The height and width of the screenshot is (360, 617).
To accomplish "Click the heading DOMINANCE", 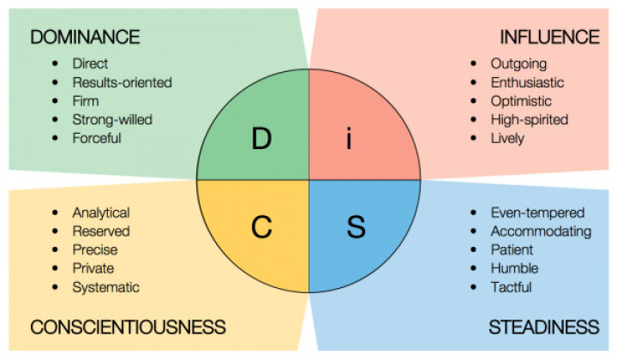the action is point(85,37).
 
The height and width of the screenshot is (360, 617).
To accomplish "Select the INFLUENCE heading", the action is point(549,37).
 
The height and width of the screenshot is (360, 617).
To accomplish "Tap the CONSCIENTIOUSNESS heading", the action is point(128,327).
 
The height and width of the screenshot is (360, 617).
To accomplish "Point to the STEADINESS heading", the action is point(544,327).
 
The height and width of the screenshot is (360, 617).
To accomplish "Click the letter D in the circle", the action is point(261,139).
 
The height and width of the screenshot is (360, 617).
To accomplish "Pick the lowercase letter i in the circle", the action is point(349,139).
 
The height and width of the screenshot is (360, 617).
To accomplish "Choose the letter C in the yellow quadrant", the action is point(261,227).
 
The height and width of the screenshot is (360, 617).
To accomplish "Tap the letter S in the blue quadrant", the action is point(356,227).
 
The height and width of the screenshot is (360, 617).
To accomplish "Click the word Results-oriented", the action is point(122,82).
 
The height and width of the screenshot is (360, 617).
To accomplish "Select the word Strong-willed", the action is point(112,120).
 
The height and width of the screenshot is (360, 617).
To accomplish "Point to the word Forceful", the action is point(96,138).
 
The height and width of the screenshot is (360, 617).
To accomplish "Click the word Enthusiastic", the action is point(527,82).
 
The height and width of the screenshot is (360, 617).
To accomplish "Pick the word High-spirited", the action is point(530,120).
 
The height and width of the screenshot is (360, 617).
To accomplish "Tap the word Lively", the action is point(507,139).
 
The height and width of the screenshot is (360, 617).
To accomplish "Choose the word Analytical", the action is point(101,213).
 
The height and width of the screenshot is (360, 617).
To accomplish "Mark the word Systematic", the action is point(105,287).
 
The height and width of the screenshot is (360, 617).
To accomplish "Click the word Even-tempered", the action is point(537,213).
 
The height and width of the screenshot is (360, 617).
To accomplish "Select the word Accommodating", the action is point(541,231).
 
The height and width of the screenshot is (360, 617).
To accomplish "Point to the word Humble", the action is point(514,268).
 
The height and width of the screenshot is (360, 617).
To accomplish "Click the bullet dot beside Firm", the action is point(55,101).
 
